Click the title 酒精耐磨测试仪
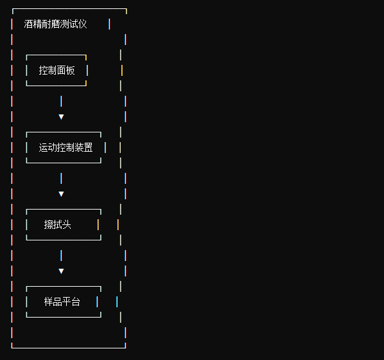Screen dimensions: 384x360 pos(55,24)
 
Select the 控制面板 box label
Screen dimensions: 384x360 pos(57,70)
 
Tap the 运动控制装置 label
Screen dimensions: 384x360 pos(65,147)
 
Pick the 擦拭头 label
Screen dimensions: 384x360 pos(58,224)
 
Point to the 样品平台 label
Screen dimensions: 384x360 pos(62,301)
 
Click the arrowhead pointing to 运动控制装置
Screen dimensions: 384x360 pos(61,117)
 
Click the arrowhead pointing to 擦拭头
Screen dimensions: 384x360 pos(61,194)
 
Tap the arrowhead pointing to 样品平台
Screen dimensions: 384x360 pos(61,271)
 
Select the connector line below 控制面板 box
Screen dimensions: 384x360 pos(61,102)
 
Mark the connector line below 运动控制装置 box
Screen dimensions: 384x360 pos(61,178)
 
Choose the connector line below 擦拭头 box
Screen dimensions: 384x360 pos(61,255)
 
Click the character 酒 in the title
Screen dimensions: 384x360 pos(28,24)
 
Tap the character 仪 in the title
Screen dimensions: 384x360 pos(83,24)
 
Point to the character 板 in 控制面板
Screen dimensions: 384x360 pos(70,70)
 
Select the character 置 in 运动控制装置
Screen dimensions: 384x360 pos(89,147)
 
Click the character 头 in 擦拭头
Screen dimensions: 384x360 pos(67,224)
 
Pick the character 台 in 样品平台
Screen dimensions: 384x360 pos(76,301)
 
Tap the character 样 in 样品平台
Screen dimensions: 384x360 pos(49,301)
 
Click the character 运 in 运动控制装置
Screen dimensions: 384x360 pos(43,147)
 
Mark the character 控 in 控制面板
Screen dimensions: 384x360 pos(43,70)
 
